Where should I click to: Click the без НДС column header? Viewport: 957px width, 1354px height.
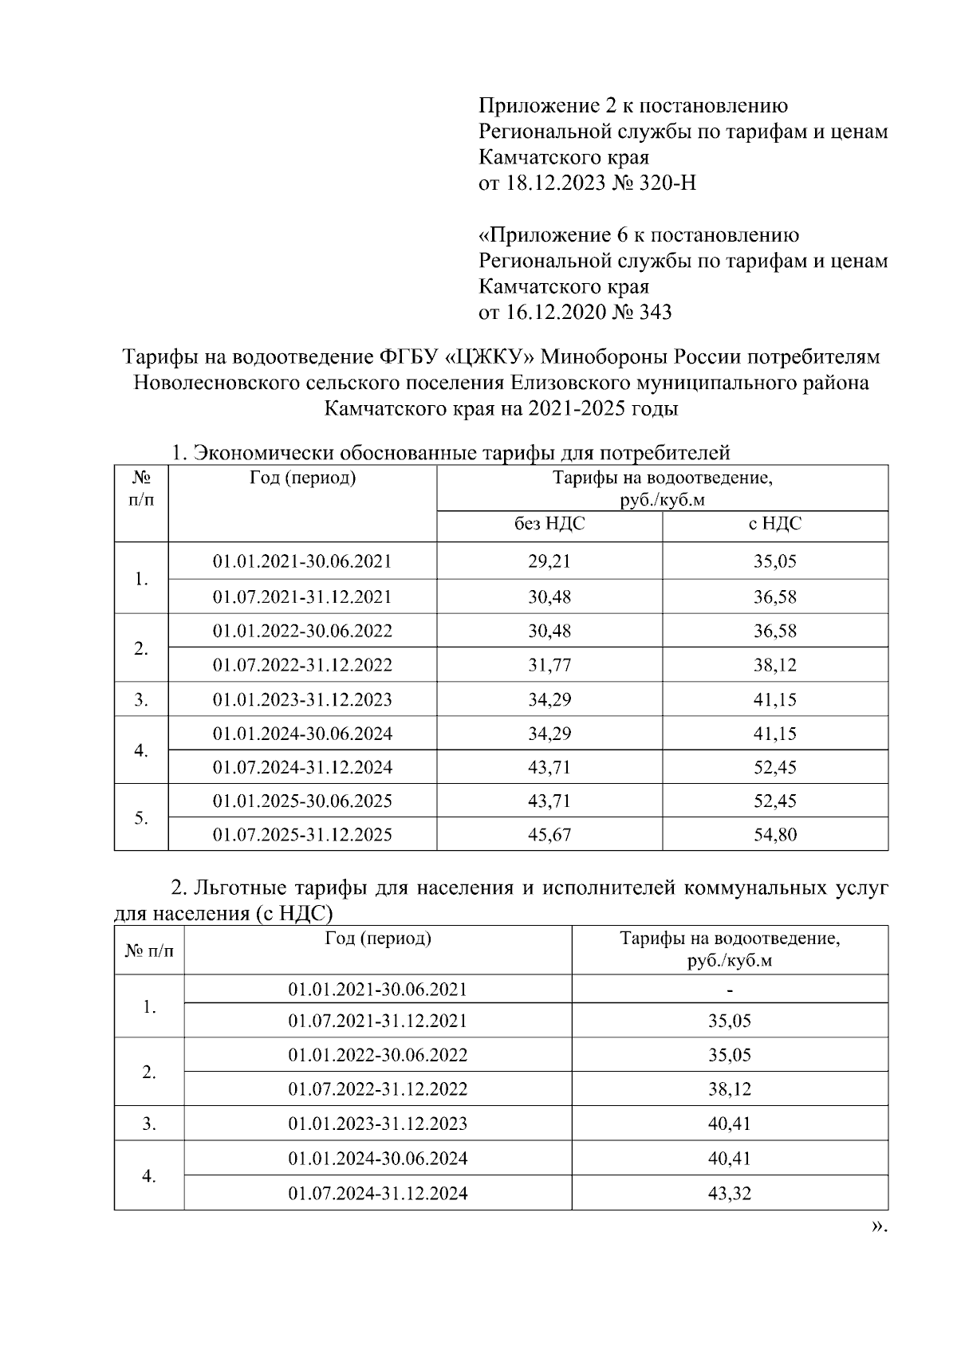click(549, 525)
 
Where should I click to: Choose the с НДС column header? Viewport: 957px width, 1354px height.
click(774, 525)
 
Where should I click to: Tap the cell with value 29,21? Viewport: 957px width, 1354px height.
click(549, 561)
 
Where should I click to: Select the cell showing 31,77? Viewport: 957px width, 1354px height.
click(549, 665)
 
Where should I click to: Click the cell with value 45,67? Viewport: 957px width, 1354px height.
click(549, 835)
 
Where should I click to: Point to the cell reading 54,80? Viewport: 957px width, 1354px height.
click(774, 835)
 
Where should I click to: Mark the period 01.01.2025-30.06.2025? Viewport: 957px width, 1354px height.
click(302, 801)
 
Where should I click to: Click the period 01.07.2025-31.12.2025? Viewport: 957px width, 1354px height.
click(302, 835)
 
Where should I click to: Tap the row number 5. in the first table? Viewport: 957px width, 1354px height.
click(141, 818)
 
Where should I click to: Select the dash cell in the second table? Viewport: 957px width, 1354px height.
click(730, 990)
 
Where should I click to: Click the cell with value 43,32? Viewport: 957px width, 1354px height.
click(730, 1194)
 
